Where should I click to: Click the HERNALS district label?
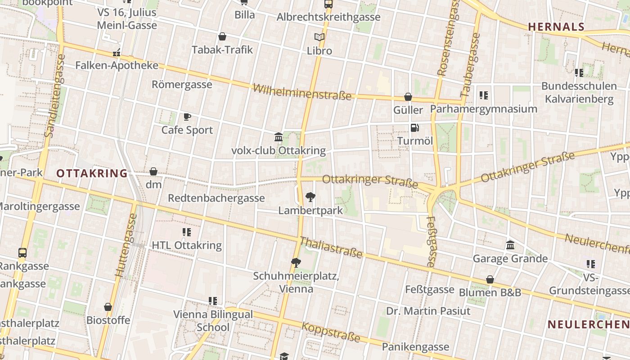pos(556,27)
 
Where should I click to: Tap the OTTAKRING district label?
pos(92,173)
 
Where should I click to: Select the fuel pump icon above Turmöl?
pos(414,128)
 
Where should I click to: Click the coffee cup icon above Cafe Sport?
pos(187,117)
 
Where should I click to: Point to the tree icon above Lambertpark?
pos(310,197)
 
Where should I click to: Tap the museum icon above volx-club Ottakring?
pos(279,137)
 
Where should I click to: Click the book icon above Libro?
pos(319,37)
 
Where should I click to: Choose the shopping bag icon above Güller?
pos(408,97)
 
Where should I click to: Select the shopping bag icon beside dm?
pos(153,171)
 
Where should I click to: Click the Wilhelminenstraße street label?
pos(301,92)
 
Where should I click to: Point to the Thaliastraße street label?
pos(331,247)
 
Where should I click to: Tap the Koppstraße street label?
pos(331,332)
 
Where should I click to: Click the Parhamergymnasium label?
pos(484,109)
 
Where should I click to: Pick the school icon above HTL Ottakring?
pos(187,232)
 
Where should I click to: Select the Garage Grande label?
pos(510,259)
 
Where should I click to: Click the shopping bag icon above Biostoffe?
pos(108,307)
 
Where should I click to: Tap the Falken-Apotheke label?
pos(117,66)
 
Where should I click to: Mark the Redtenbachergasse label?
pos(216,198)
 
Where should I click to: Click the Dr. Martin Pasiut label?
pos(428,311)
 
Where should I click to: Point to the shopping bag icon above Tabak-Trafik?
pos(222,36)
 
